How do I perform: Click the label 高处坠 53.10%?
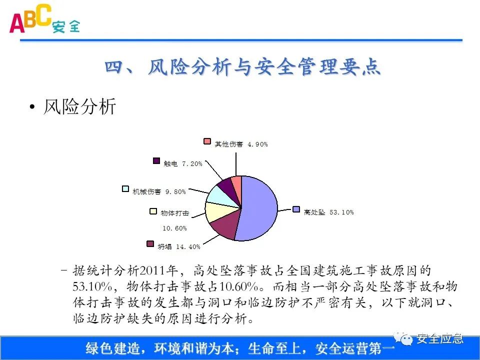pyautogui.click(x=328, y=212)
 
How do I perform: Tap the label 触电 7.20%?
pyautogui.click(x=182, y=163)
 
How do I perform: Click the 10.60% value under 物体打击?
pyautogui.click(x=174, y=228)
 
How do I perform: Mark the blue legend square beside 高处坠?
pyautogui.click(x=296, y=209)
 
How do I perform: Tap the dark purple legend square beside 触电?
pyautogui.click(x=156, y=161)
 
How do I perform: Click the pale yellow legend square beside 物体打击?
pyautogui.click(x=153, y=211)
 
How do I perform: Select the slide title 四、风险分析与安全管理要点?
pyautogui.click(x=243, y=67)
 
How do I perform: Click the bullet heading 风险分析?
pyautogui.click(x=79, y=106)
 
